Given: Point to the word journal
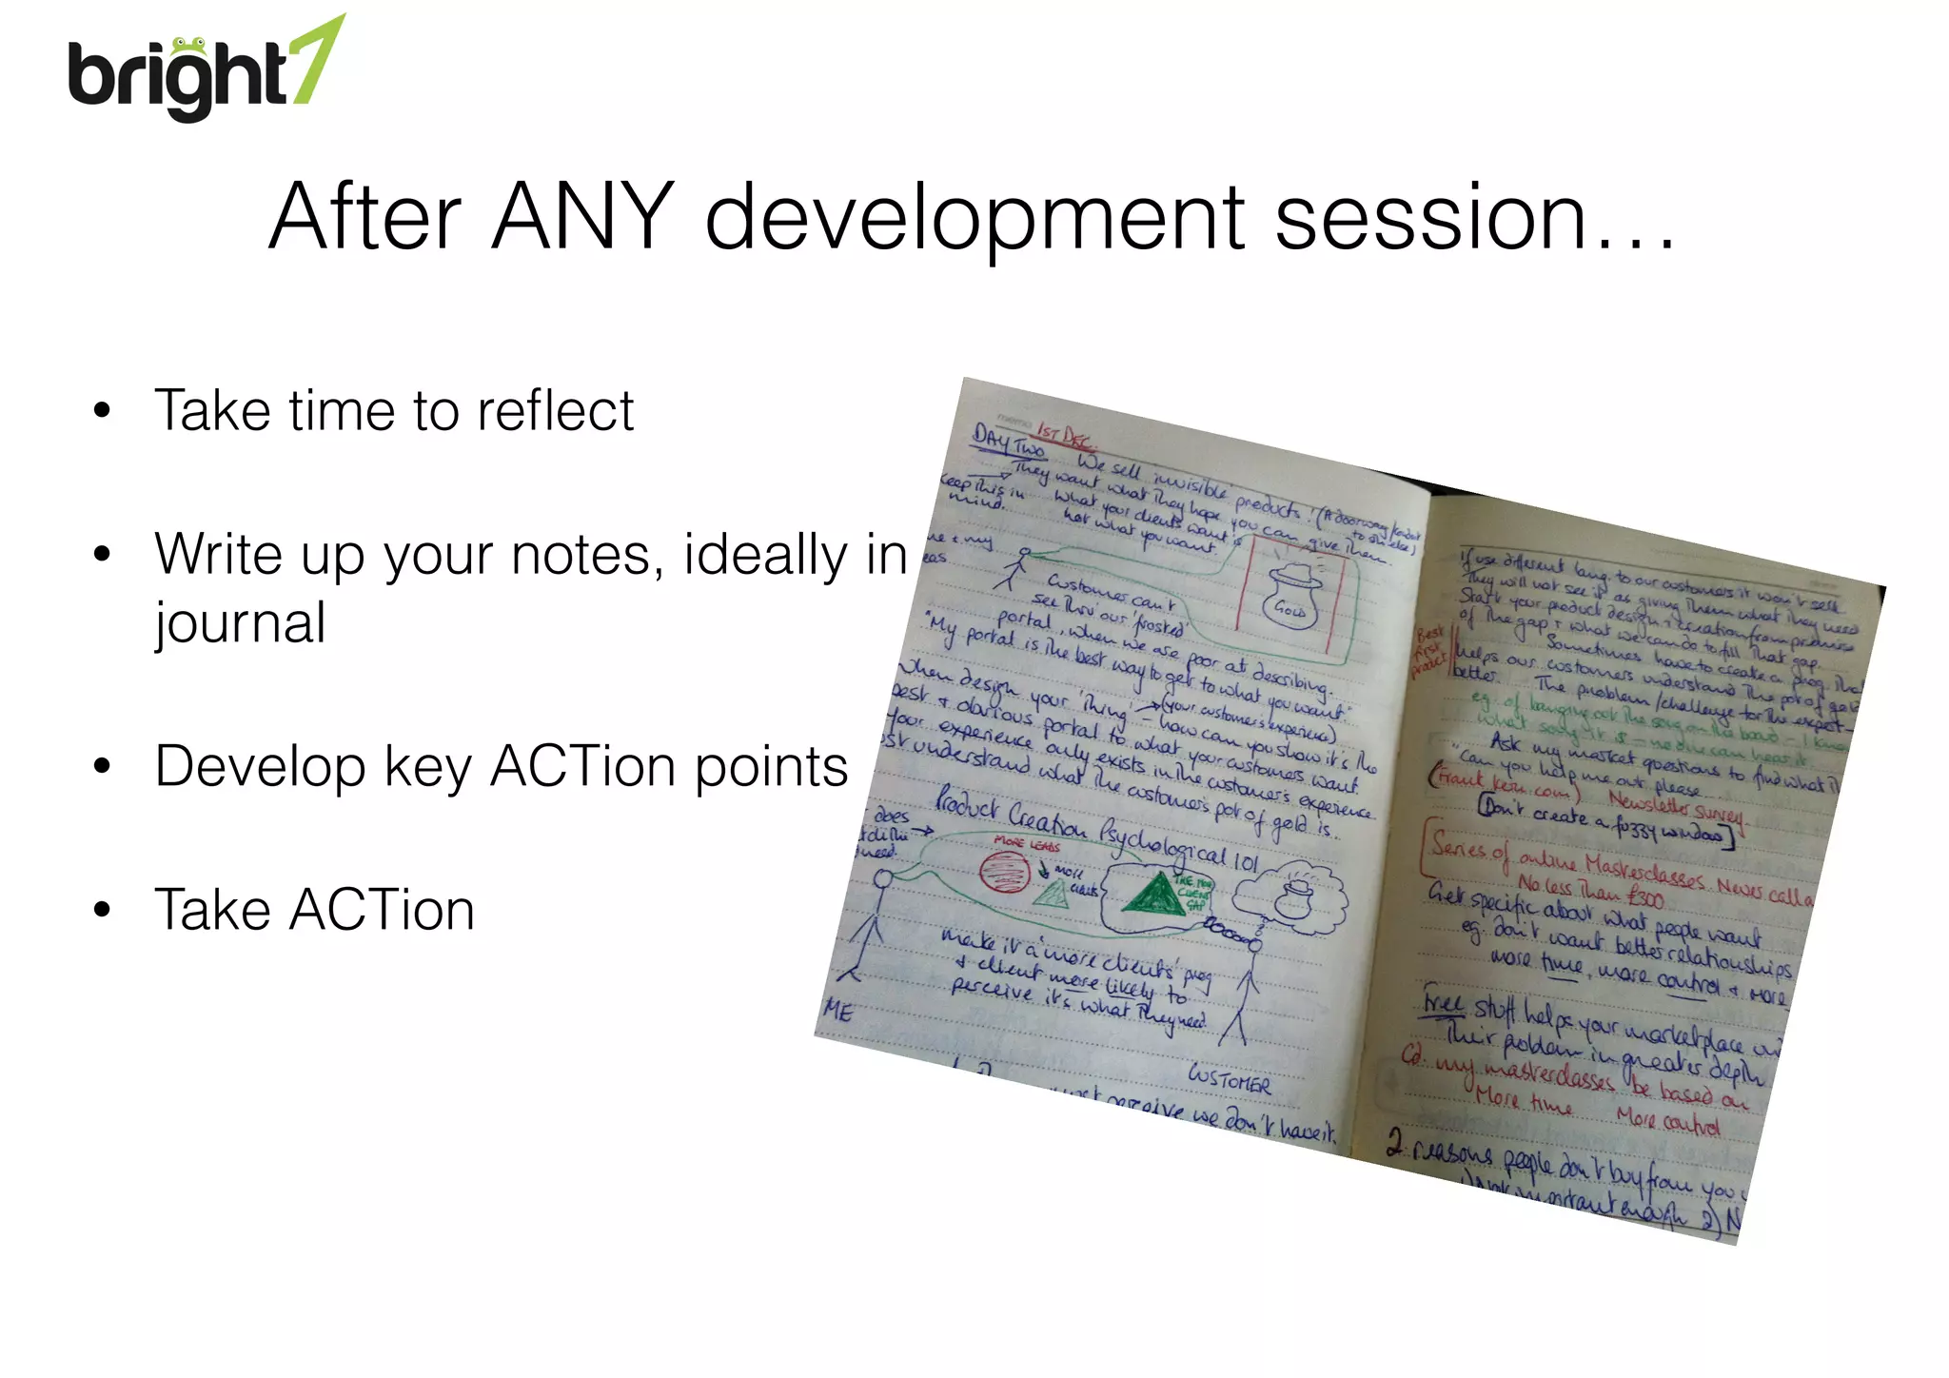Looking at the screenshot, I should [x=241, y=623].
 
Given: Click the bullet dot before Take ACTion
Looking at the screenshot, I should [x=102, y=911].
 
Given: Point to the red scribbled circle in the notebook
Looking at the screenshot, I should [x=1004, y=871].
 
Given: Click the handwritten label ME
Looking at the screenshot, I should [x=838, y=1010].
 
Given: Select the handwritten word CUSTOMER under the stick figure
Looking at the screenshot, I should [x=1229, y=1079].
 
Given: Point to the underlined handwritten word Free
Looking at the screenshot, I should [x=1445, y=1003].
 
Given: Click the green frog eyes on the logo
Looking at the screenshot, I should [x=188, y=43].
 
